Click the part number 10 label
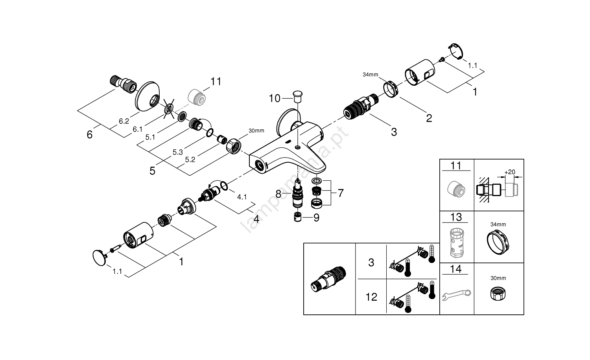(x=275, y=98)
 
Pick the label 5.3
(x=177, y=152)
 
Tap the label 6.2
(x=124, y=121)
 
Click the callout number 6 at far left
(x=90, y=135)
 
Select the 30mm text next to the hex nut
(x=256, y=131)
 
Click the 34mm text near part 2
(x=370, y=75)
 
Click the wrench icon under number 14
(x=456, y=294)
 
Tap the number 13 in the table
(x=456, y=217)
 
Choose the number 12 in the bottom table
(x=371, y=297)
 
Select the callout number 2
(x=429, y=118)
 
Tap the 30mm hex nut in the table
(x=498, y=293)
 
